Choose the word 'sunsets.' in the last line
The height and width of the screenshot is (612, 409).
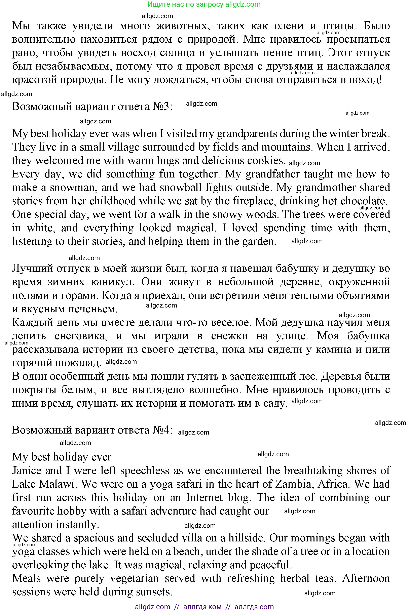pyautogui.click(x=154, y=592)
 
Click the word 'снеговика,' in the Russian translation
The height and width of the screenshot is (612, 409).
pyautogui.click(x=81, y=336)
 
